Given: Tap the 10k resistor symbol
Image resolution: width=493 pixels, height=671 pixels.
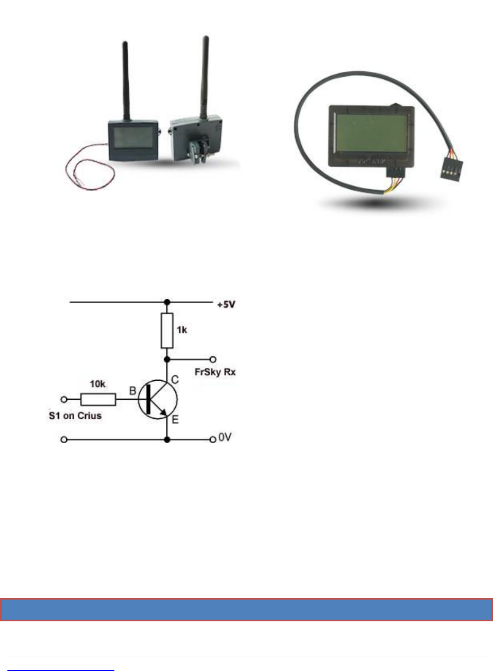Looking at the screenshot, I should coord(97,399).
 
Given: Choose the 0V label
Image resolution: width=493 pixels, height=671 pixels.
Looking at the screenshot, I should coord(225,439).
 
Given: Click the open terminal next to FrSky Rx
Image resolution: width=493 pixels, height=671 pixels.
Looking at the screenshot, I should coord(213,359).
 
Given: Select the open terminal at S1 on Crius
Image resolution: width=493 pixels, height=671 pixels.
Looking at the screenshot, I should coord(65,399).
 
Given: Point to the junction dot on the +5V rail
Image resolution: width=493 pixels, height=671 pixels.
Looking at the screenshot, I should coord(167,302).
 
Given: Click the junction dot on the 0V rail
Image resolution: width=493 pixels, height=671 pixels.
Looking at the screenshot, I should coord(167,439).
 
